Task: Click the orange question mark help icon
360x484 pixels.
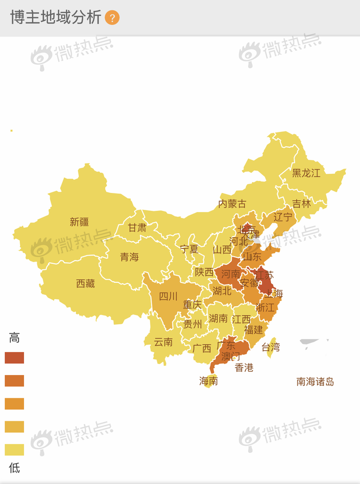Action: pos(112,18)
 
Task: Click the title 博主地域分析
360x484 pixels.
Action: pos(56,17)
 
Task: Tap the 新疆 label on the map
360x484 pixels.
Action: pos(79,222)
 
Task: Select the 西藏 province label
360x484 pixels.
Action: pos(85,283)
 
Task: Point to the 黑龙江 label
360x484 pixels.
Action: pos(306,173)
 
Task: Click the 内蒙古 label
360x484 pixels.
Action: pos(232,204)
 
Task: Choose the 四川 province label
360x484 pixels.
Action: pos(168,297)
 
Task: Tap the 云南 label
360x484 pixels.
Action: pos(163,342)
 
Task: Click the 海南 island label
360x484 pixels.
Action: pos(208,382)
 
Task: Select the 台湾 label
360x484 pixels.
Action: pos(271,347)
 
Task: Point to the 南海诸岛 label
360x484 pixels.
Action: pos(315,382)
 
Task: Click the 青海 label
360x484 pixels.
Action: pos(129,257)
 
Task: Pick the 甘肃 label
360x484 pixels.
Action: pos(137,228)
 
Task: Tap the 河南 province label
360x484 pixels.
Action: pos(231,274)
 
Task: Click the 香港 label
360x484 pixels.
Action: pos(244,367)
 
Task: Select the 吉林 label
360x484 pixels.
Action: pos(301,204)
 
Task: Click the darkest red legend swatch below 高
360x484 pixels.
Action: pos(14,358)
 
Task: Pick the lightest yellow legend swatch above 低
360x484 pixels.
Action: pos(14,450)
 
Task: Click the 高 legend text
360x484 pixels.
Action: pos(14,338)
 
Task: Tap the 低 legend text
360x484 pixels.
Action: pos(14,468)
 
